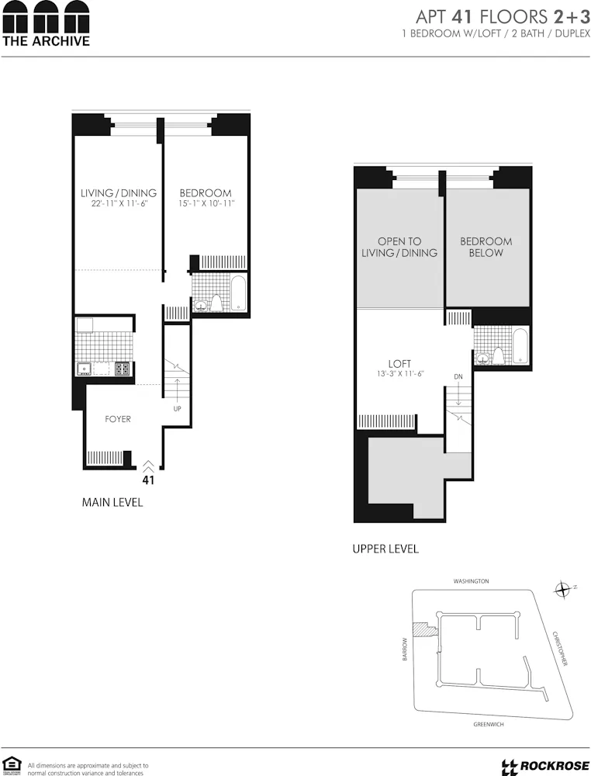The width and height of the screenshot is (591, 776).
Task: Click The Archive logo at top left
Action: coord(46,24)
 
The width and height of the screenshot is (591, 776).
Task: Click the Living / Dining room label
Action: coord(119,193)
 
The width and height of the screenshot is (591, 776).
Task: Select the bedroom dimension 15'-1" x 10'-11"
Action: coord(206,203)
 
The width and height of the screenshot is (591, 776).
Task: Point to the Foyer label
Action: coord(118,419)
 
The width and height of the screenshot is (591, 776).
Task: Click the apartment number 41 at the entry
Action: coord(148,480)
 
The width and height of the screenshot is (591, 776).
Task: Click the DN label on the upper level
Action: coord(458,377)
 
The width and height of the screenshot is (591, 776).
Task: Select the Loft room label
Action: coord(399,363)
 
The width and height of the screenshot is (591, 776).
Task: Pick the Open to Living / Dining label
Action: coord(399,247)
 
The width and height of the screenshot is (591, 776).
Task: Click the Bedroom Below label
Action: coord(486,247)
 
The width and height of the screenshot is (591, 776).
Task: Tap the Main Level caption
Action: coord(112,503)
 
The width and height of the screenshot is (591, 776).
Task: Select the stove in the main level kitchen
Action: coord(122,369)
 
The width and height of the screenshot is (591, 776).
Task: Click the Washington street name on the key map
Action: coord(472,580)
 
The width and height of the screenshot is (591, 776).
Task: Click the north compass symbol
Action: coord(563,591)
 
